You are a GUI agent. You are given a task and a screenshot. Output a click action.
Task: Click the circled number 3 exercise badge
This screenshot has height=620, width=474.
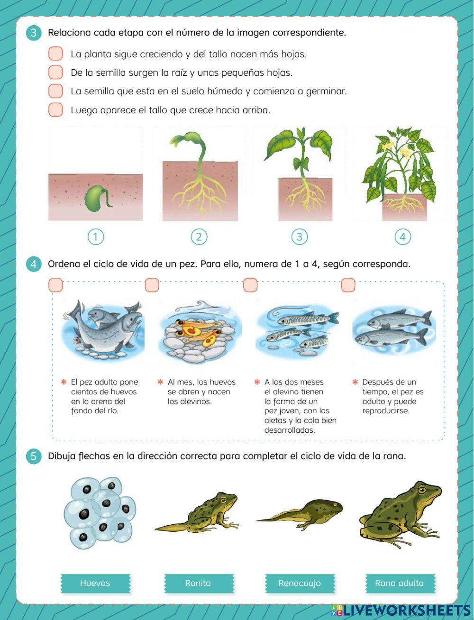pyautogui.click(x=34, y=33)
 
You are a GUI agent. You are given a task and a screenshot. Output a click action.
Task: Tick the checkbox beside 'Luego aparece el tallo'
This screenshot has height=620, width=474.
pyautogui.click(x=55, y=109)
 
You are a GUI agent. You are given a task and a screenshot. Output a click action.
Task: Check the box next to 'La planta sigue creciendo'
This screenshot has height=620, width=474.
pyautogui.click(x=55, y=54)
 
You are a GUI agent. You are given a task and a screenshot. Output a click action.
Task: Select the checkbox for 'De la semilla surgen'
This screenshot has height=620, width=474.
pyautogui.click(x=55, y=72)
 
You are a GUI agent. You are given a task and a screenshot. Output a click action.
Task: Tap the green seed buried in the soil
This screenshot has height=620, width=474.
pyautogui.click(x=98, y=198)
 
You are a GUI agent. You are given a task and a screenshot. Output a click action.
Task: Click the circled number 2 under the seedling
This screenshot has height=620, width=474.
pyautogui.click(x=199, y=237)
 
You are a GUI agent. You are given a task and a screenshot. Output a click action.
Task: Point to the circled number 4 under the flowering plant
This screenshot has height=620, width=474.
pyautogui.click(x=402, y=237)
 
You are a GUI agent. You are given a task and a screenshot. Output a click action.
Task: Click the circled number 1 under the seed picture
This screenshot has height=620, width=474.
pyautogui.click(x=96, y=237)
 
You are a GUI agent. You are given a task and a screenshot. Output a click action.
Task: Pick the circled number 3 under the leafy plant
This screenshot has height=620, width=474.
pyautogui.click(x=299, y=237)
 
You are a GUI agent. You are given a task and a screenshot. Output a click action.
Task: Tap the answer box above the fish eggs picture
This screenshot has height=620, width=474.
pyautogui.click(x=152, y=285)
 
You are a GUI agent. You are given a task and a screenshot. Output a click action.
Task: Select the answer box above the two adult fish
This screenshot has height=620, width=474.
pyautogui.click(x=348, y=285)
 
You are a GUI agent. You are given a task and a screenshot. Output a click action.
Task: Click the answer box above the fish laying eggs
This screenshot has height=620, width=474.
pyautogui.click(x=55, y=285)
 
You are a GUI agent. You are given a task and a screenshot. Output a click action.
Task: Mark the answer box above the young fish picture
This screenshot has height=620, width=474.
pyautogui.click(x=250, y=285)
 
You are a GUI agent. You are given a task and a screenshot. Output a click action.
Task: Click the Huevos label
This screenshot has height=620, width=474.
pyautogui.click(x=95, y=583)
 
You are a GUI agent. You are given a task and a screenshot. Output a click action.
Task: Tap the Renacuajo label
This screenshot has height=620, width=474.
pyautogui.click(x=300, y=583)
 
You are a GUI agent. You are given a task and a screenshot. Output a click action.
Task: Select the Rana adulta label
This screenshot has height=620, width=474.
pyautogui.click(x=400, y=583)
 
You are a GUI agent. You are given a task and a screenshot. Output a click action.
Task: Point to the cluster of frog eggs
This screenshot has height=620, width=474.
pyautogui.click(x=100, y=512)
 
